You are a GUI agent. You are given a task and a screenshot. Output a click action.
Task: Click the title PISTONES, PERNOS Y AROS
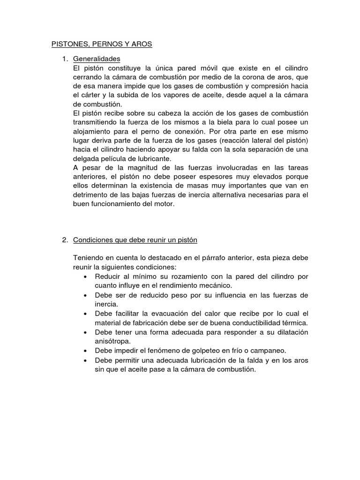[x=102, y=44]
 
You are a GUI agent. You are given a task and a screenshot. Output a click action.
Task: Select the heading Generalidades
[x=97, y=59]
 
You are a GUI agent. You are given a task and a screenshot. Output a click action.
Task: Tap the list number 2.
[x=65, y=240]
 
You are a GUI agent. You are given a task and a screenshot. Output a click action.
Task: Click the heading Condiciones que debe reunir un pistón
[x=135, y=240]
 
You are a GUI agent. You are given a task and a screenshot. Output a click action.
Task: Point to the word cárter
[x=92, y=95]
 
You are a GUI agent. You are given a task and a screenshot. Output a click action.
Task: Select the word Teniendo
[x=89, y=258]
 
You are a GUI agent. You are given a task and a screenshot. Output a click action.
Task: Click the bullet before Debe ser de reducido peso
[x=85, y=295]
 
